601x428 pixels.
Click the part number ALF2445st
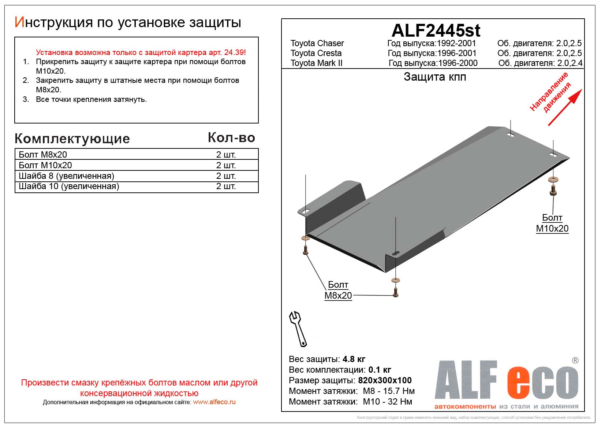436,30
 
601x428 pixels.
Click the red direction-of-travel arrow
564,107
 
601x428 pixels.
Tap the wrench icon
298,329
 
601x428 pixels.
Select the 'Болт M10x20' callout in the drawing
552,223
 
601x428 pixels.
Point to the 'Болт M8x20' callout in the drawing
338,290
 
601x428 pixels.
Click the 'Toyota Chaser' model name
317,43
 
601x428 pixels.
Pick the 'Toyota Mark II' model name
316,63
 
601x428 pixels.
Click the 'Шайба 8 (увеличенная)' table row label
66,176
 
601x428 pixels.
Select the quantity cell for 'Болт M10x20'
226,165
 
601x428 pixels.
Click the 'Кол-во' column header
231,138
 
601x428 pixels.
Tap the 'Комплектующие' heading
72,139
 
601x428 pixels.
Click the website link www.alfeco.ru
214,402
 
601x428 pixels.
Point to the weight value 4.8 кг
354,359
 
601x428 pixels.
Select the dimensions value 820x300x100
385,380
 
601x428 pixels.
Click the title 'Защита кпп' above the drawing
435,77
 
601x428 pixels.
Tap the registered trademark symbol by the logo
575,361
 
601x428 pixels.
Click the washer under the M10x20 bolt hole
553,180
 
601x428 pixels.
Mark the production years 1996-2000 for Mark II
458,63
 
